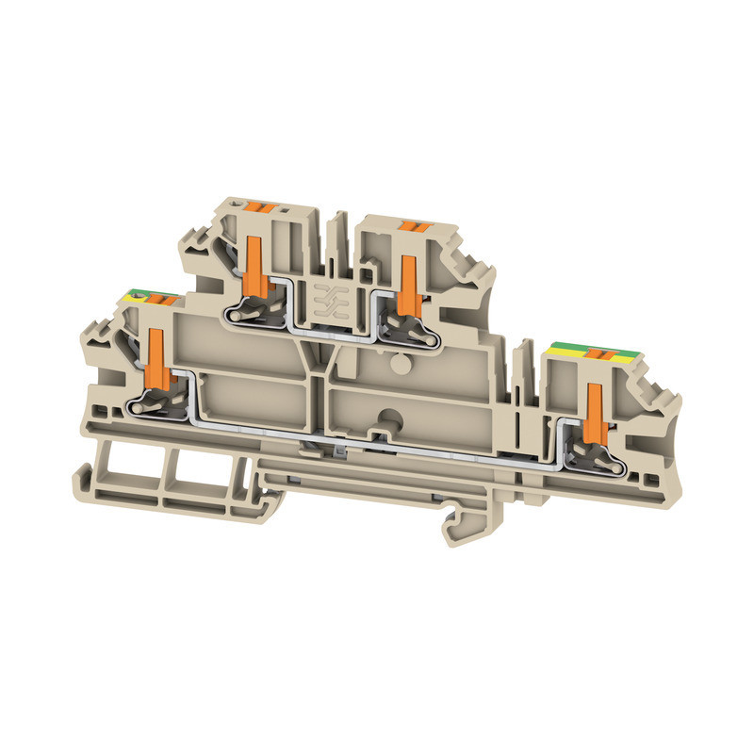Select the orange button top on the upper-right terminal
[409, 225]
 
